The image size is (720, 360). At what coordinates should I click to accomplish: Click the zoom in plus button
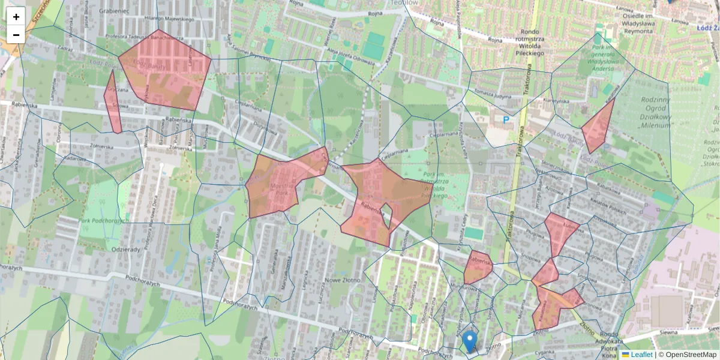click(x=16, y=17)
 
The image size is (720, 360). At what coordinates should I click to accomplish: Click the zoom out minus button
click(x=16, y=35)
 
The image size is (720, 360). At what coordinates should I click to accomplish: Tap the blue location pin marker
click(x=470, y=341)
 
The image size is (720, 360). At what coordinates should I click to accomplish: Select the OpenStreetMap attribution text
click(x=688, y=355)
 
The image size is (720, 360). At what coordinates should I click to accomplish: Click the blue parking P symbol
click(x=506, y=120)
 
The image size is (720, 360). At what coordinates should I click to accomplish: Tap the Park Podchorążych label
click(x=104, y=221)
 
